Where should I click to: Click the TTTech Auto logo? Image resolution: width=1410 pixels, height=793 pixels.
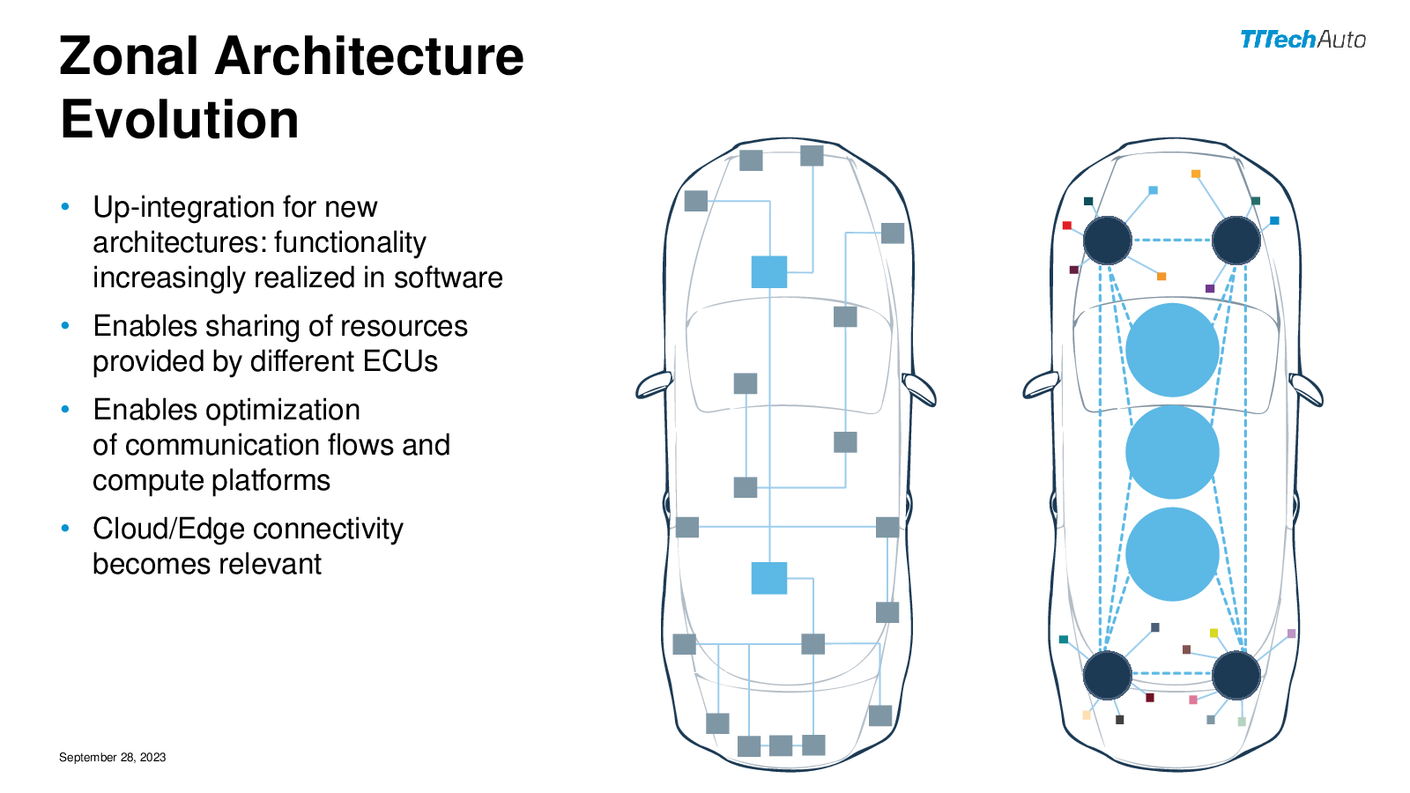tap(1302, 40)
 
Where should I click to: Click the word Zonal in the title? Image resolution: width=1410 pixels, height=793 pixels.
tap(129, 56)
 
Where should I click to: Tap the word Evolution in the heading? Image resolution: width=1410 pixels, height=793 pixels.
tap(180, 120)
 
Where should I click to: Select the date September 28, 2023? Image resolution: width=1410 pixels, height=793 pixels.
tap(112, 757)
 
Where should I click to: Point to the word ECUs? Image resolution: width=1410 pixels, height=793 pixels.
tap(399, 361)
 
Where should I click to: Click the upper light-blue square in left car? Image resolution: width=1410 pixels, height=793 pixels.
tap(768, 272)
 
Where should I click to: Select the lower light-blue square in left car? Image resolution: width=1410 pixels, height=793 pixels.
tap(768, 578)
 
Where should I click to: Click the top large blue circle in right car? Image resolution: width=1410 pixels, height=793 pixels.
tap(1172, 350)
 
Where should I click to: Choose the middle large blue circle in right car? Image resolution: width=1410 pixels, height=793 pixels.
tap(1172, 452)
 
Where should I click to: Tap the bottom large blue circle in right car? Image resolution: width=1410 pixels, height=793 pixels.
tap(1172, 554)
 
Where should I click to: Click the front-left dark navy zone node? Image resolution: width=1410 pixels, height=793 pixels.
tap(1107, 240)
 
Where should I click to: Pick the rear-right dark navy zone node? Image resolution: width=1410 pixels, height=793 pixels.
tap(1236, 675)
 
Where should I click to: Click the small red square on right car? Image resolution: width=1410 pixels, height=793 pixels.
tap(1066, 226)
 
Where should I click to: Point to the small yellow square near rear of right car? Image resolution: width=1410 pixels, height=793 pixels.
tap(1213, 633)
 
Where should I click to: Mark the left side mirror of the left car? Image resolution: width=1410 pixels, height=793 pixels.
tap(654, 385)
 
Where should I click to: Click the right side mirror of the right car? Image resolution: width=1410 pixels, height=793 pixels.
tap(1305, 389)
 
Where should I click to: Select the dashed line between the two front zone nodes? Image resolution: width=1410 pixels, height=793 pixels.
tap(1172, 240)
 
